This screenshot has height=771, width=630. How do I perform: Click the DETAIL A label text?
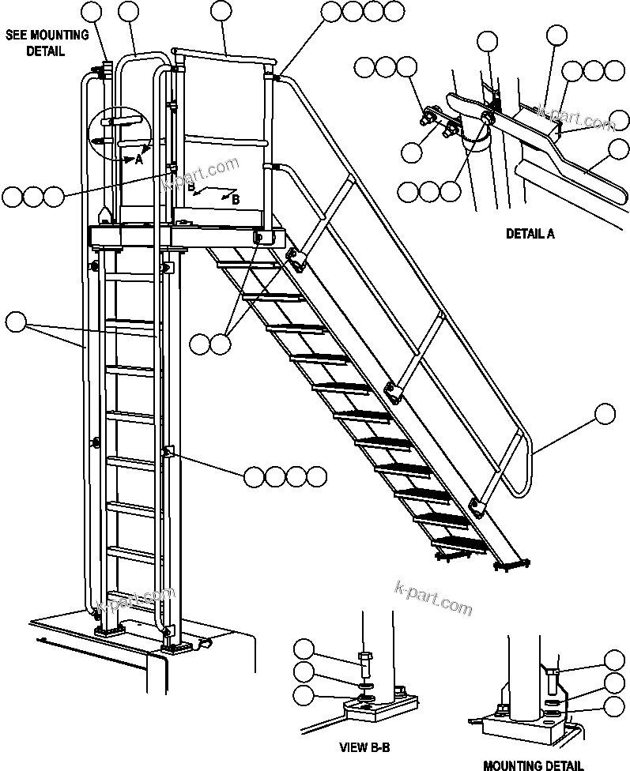tap(530, 234)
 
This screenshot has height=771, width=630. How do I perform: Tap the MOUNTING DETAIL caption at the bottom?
tap(533, 765)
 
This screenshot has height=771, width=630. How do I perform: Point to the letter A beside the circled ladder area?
tap(138, 159)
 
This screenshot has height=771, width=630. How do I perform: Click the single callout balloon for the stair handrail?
tap(605, 413)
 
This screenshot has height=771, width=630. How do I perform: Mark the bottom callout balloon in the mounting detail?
tap(614, 705)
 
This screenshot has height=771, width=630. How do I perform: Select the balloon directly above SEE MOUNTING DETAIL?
tap(92, 12)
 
